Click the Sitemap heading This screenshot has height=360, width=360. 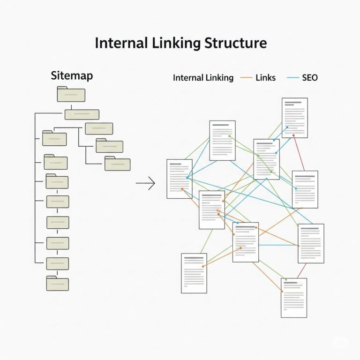point(72,76)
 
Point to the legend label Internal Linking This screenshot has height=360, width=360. point(203,78)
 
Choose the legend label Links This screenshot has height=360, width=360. point(266,78)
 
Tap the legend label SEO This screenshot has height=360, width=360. point(309,78)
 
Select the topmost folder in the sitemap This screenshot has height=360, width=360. point(71,95)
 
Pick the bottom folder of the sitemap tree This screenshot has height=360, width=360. point(57,283)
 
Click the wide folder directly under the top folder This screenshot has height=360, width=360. point(82,114)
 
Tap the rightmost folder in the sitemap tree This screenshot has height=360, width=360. point(117,164)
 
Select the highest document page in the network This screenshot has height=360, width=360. point(294,118)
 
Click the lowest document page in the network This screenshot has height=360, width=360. point(293,298)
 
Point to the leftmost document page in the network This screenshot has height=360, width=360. point(180,179)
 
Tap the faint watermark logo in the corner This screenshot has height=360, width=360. point(340,343)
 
